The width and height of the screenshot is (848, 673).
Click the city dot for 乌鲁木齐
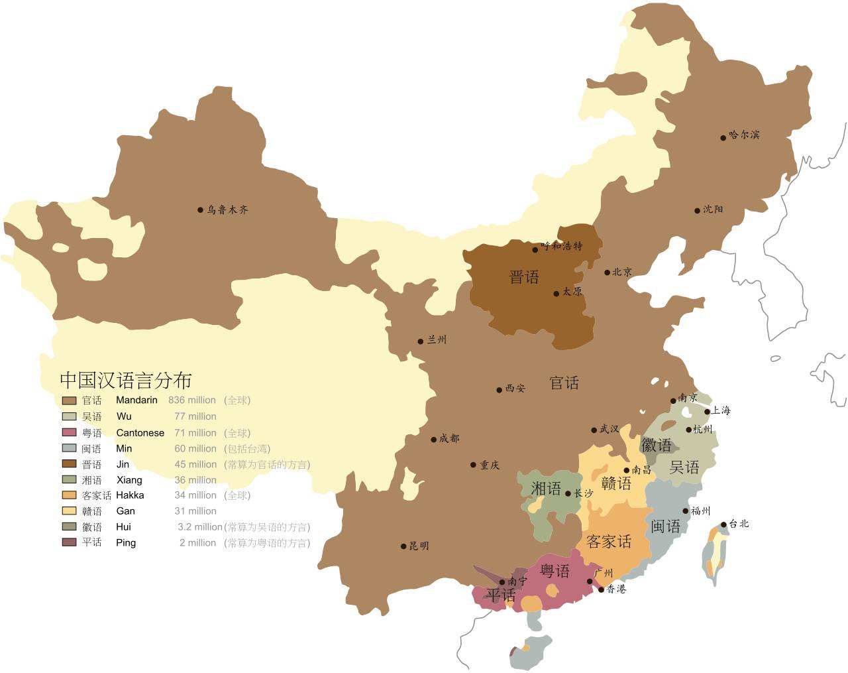click(200, 210)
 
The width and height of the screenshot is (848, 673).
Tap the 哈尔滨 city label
click(744, 135)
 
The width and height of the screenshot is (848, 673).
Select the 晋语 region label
click(524, 277)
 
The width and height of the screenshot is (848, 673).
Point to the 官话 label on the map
click(564, 383)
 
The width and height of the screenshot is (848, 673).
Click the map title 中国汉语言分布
click(126, 380)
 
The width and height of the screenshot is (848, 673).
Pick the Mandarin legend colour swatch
click(69, 400)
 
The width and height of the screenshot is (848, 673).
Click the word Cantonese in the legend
click(140, 433)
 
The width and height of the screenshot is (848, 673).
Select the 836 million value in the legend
click(192, 400)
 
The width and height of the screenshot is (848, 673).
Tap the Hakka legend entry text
click(130, 495)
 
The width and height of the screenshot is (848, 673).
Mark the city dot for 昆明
click(403, 546)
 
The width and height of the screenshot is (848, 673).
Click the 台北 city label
click(739, 524)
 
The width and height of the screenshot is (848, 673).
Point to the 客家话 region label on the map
click(609, 542)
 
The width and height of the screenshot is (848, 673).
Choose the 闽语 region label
click(665, 526)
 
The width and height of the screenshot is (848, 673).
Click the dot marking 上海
click(708, 412)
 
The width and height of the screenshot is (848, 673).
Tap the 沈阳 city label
click(713, 210)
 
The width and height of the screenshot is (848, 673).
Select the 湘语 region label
click(546, 489)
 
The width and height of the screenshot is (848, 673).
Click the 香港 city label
click(616, 589)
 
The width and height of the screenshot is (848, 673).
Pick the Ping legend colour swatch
click(69, 542)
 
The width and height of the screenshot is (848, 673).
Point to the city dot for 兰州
click(420, 341)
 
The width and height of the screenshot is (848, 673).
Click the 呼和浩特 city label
click(562, 246)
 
